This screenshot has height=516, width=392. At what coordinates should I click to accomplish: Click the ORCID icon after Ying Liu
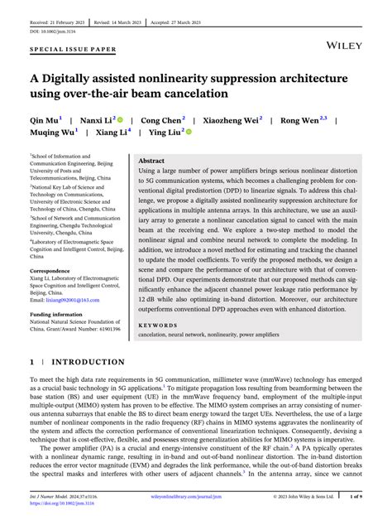189,132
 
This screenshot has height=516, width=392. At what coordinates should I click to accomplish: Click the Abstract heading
151,161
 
